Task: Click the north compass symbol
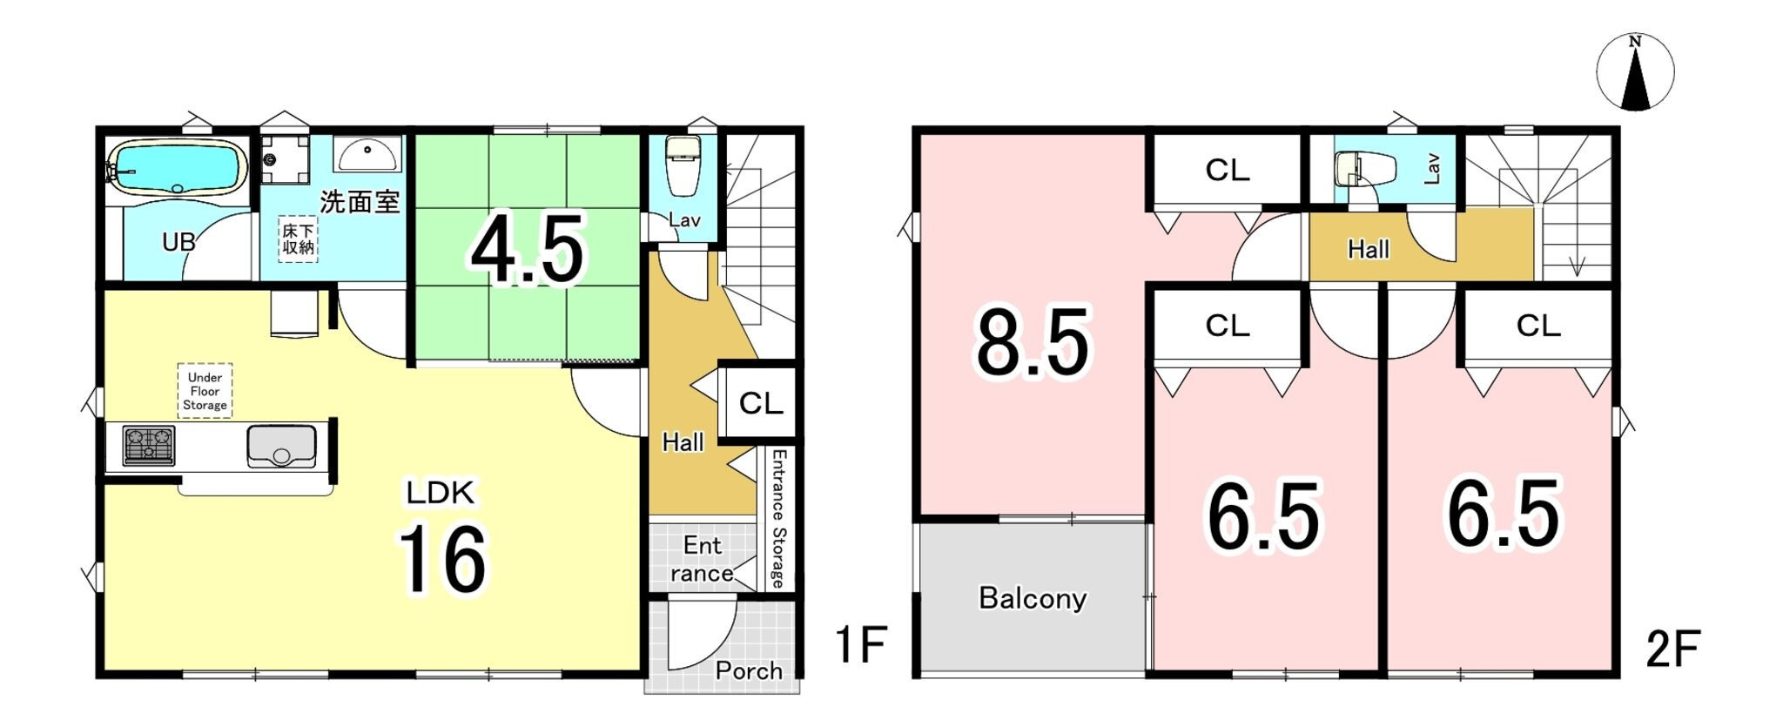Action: coord(1635,72)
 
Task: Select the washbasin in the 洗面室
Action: coord(368,154)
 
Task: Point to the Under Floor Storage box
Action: coord(205,391)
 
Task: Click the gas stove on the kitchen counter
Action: coord(148,447)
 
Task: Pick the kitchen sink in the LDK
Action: coord(281,446)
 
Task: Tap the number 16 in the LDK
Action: coord(443,559)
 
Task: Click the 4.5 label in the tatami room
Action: coord(527,252)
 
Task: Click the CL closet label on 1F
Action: coord(761,403)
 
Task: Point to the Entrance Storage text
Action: coord(778,519)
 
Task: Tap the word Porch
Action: coord(749,670)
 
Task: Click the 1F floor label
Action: coord(860,645)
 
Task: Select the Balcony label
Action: coord(1033,598)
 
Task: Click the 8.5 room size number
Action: coord(1033,343)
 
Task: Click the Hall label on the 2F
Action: coord(1369,250)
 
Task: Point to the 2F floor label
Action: coord(1672,649)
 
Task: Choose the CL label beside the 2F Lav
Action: coord(1228,171)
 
